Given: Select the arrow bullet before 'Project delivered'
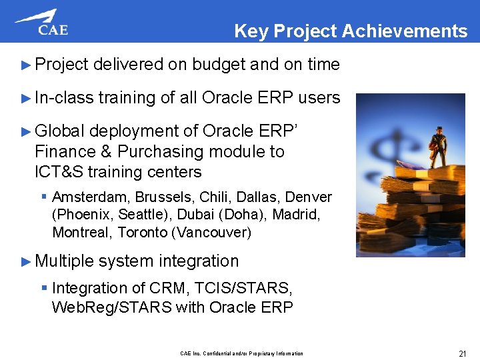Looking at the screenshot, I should point(26,65).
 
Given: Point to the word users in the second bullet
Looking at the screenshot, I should point(319,98).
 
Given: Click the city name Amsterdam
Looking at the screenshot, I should point(91,197).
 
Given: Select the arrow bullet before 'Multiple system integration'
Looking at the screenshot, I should point(26,261).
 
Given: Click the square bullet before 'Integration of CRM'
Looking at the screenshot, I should point(44,289).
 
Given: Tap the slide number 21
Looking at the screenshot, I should point(462,353).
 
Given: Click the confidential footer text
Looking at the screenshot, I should point(241,353).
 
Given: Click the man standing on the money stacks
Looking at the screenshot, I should point(437,147).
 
